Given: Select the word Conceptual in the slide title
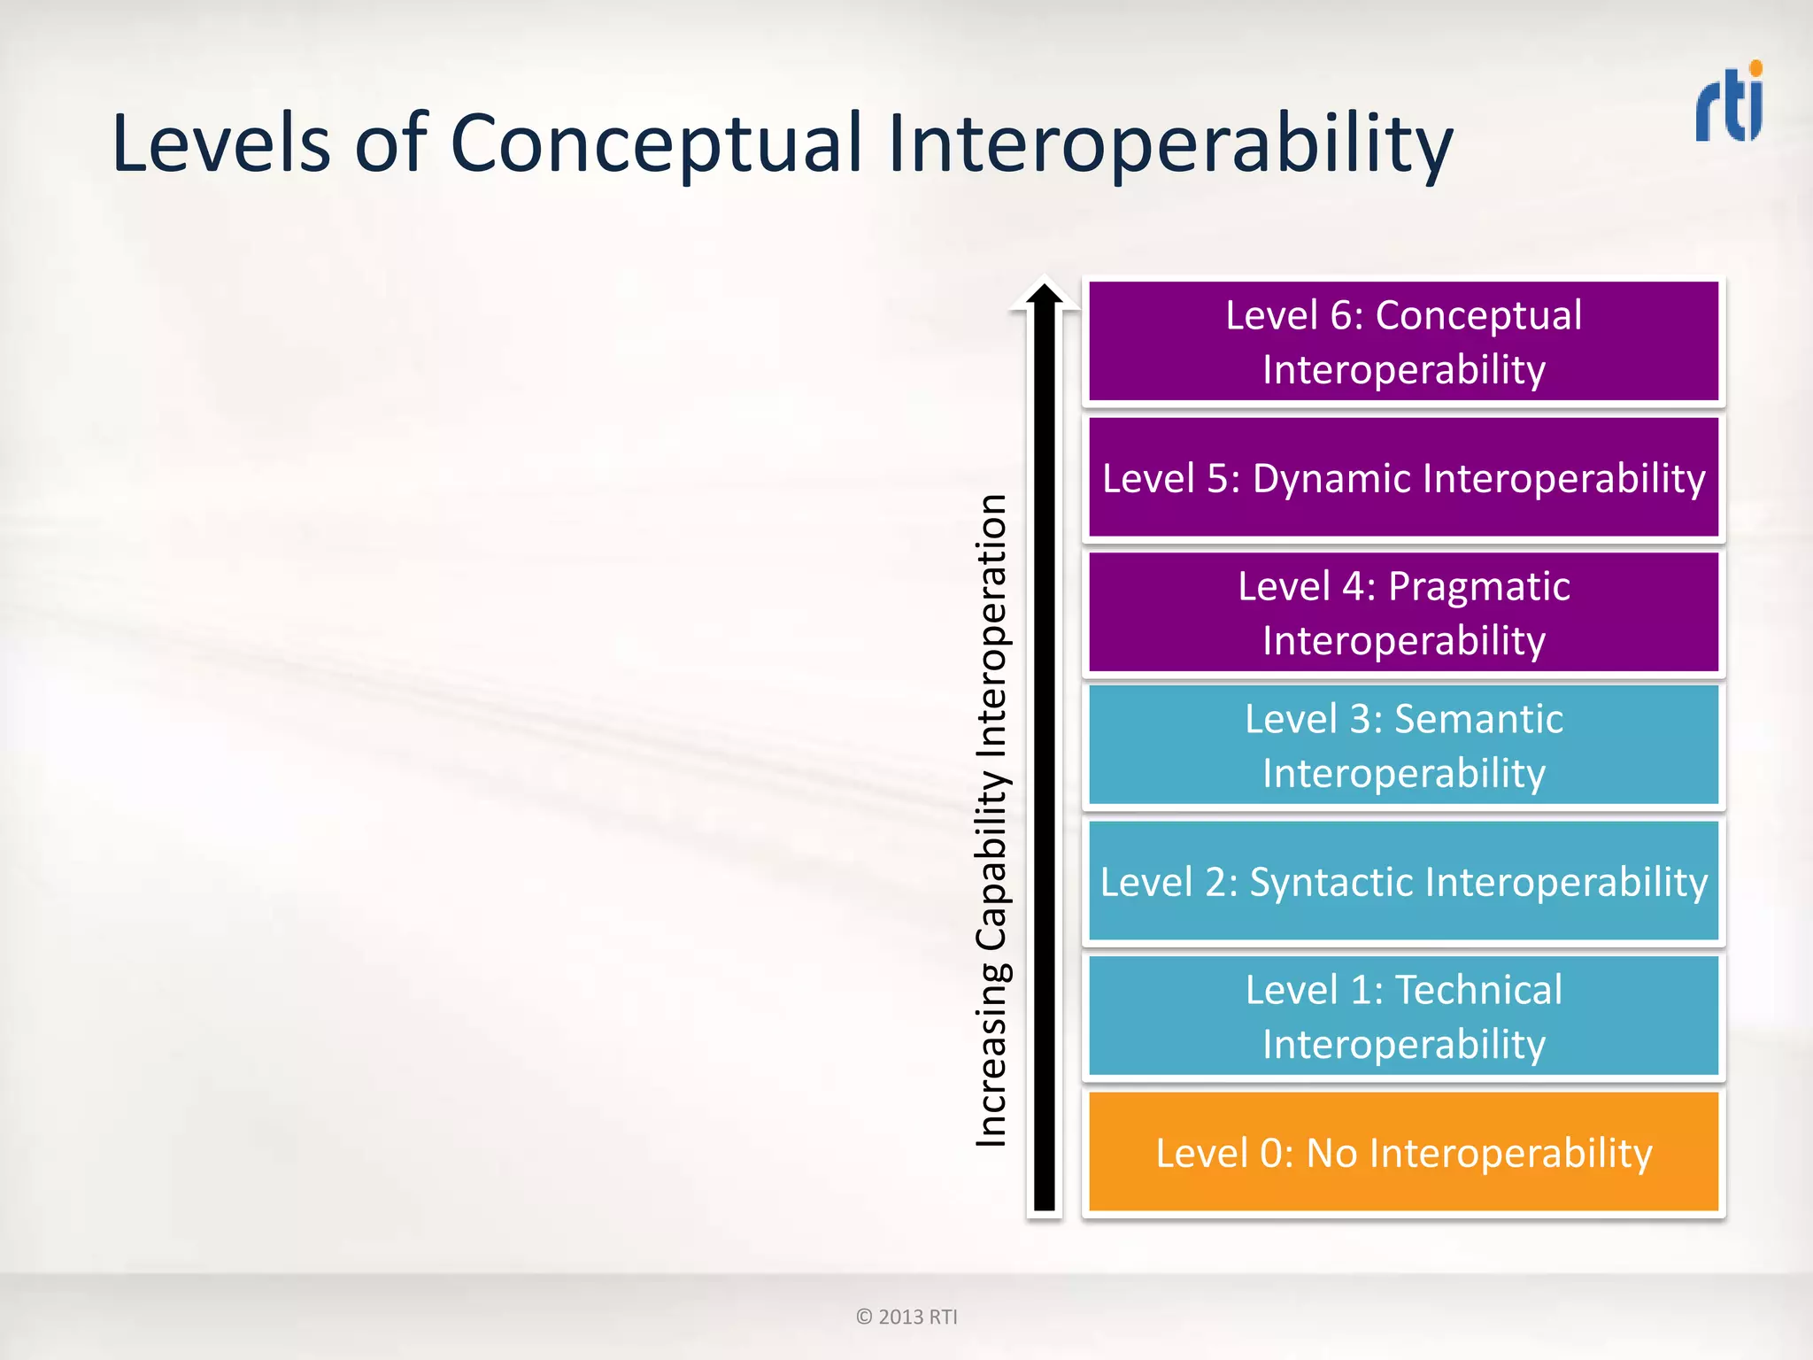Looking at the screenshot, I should (656, 143).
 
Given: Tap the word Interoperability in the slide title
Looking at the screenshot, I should (1169, 143).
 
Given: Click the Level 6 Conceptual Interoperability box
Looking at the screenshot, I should (1403, 342).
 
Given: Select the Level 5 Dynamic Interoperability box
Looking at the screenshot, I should (1403, 478).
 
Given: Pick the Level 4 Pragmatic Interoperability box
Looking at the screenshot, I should (1403, 613).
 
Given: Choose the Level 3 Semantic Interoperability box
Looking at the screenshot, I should (1403, 746).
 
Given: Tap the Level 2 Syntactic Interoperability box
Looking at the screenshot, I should (1403, 882).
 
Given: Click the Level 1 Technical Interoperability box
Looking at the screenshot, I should (1403, 1016).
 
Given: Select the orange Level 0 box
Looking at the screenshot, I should (1403, 1152).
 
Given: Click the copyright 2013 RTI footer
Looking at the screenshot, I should (906, 1317).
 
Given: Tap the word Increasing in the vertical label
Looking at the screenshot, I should (991, 1054).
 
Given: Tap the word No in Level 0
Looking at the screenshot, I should (1331, 1153).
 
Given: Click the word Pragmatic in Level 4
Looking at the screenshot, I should (1478, 586).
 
